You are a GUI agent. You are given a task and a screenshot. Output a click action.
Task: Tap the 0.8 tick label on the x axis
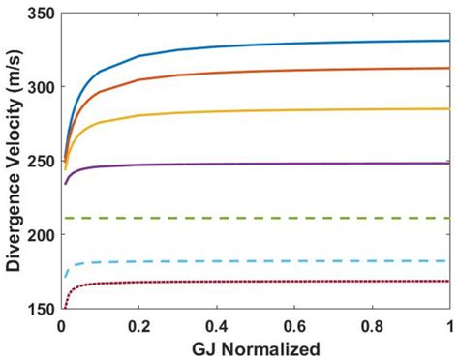372,323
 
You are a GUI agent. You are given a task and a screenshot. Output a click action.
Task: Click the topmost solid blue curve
291,44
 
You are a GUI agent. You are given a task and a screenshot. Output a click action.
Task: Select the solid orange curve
291,71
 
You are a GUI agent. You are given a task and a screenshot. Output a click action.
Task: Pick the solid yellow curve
291,110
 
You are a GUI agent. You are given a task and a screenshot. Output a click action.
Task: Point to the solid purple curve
291,164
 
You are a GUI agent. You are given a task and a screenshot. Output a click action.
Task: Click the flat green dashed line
291,218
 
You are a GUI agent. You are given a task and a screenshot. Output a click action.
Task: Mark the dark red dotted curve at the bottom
291,282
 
